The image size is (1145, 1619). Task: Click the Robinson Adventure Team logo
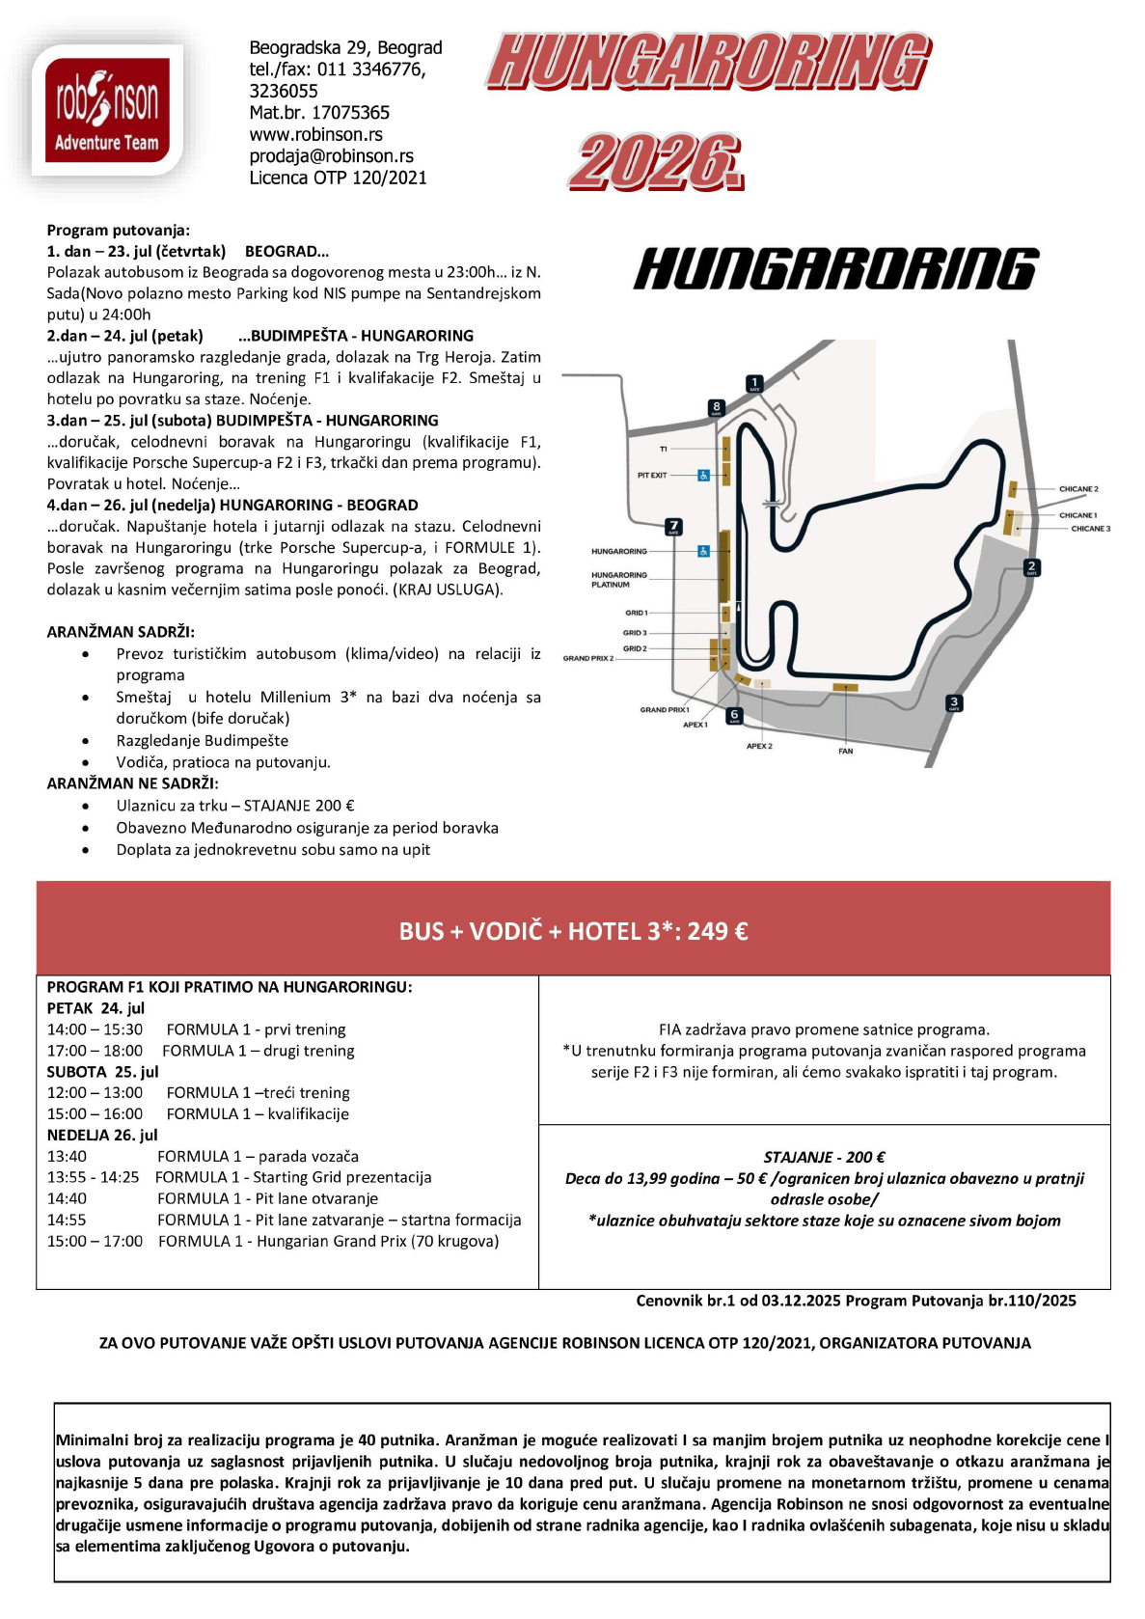tap(107, 108)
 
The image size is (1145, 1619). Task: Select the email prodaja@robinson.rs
tap(331, 155)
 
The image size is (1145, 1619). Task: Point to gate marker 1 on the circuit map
tap(754, 383)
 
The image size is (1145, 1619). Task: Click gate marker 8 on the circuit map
tap(716, 407)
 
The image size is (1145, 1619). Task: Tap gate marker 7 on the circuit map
tap(673, 527)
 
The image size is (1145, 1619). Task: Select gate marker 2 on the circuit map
tap(1031, 567)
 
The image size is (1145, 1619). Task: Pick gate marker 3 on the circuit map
tap(954, 703)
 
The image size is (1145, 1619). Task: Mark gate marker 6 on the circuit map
tap(734, 716)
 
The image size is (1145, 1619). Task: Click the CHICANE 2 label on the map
tap(1077, 489)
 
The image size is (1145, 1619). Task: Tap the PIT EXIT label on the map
tap(652, 475)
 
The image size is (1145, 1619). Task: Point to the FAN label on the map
tap(845, 751)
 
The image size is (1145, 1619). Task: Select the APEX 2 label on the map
tap(759, 746)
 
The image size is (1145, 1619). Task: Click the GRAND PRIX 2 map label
tap(587, 658)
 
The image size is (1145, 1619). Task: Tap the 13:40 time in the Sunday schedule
tap(67, 1156)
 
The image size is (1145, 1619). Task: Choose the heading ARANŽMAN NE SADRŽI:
tap(132, 783)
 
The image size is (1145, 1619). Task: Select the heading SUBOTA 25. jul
tap(102, 1071)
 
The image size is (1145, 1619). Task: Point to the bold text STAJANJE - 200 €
tap(824, 1157)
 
